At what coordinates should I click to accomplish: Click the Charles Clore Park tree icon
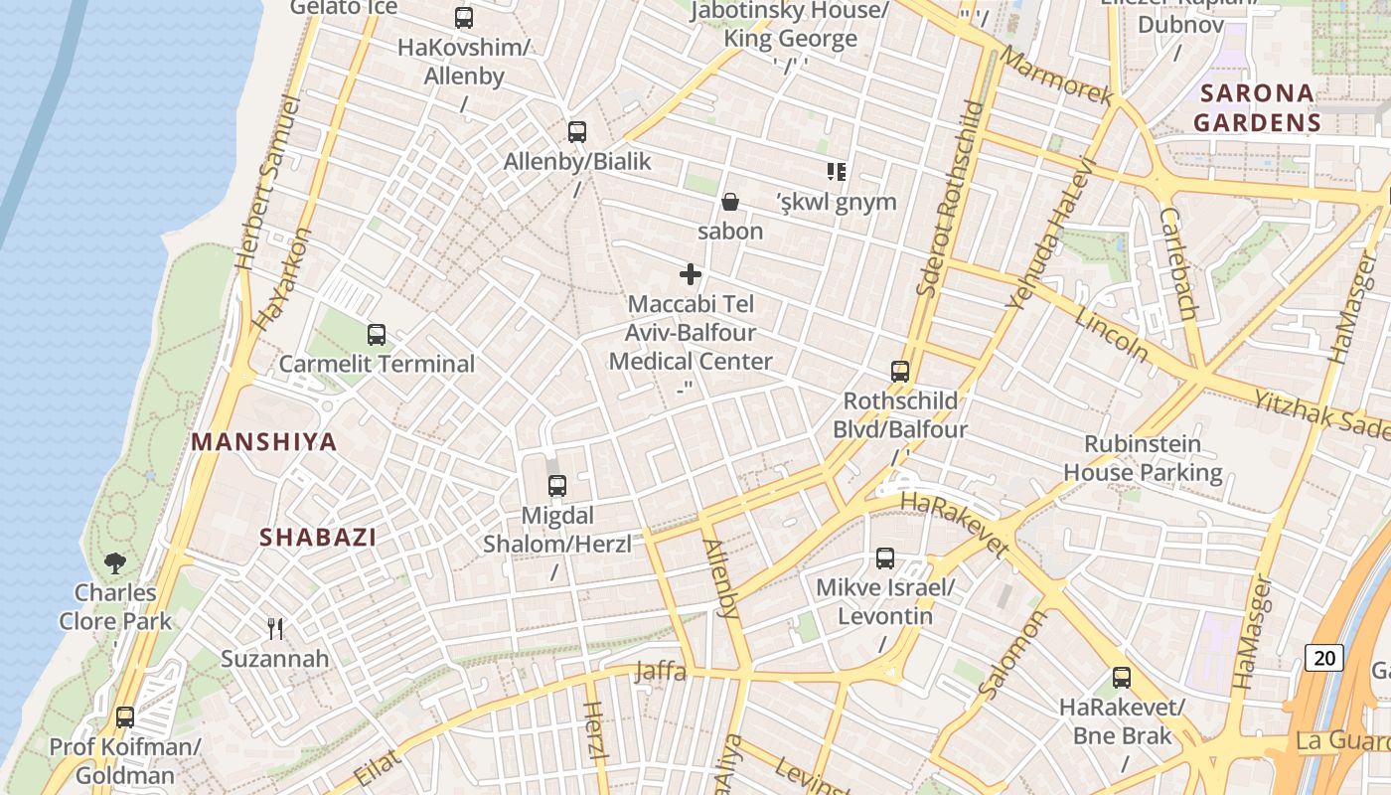115,563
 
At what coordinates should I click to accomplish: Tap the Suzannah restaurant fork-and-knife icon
275,628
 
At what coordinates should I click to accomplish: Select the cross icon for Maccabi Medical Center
691,274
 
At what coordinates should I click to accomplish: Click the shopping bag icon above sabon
730,203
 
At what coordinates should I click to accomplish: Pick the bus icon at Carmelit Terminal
376,335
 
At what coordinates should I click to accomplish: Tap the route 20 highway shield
1324,657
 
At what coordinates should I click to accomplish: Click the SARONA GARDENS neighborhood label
1257,108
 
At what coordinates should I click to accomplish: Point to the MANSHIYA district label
264,442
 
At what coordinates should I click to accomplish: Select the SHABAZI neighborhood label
318,538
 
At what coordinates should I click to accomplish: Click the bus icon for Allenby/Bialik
576,132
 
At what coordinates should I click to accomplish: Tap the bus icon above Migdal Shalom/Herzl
556,486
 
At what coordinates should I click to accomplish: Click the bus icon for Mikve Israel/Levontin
884,558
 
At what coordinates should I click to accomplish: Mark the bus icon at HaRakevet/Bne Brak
1122,679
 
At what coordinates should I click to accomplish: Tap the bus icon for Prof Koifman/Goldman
125,717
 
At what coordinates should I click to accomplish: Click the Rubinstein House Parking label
1143,458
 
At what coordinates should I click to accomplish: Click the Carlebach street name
1179,263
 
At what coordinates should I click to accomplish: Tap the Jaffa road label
661,672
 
